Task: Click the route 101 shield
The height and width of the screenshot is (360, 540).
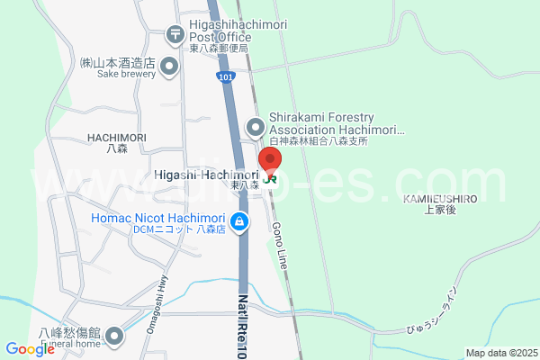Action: pos(226,79)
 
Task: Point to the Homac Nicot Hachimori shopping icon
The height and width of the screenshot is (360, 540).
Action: pos(238,221)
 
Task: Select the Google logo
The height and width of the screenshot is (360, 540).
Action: pos(30,349)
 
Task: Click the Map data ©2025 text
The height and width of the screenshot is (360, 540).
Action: pos(500,353)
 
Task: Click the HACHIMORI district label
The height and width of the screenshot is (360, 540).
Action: pos(117,137)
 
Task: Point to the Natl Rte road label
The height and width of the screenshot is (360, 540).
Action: pos(242,325)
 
